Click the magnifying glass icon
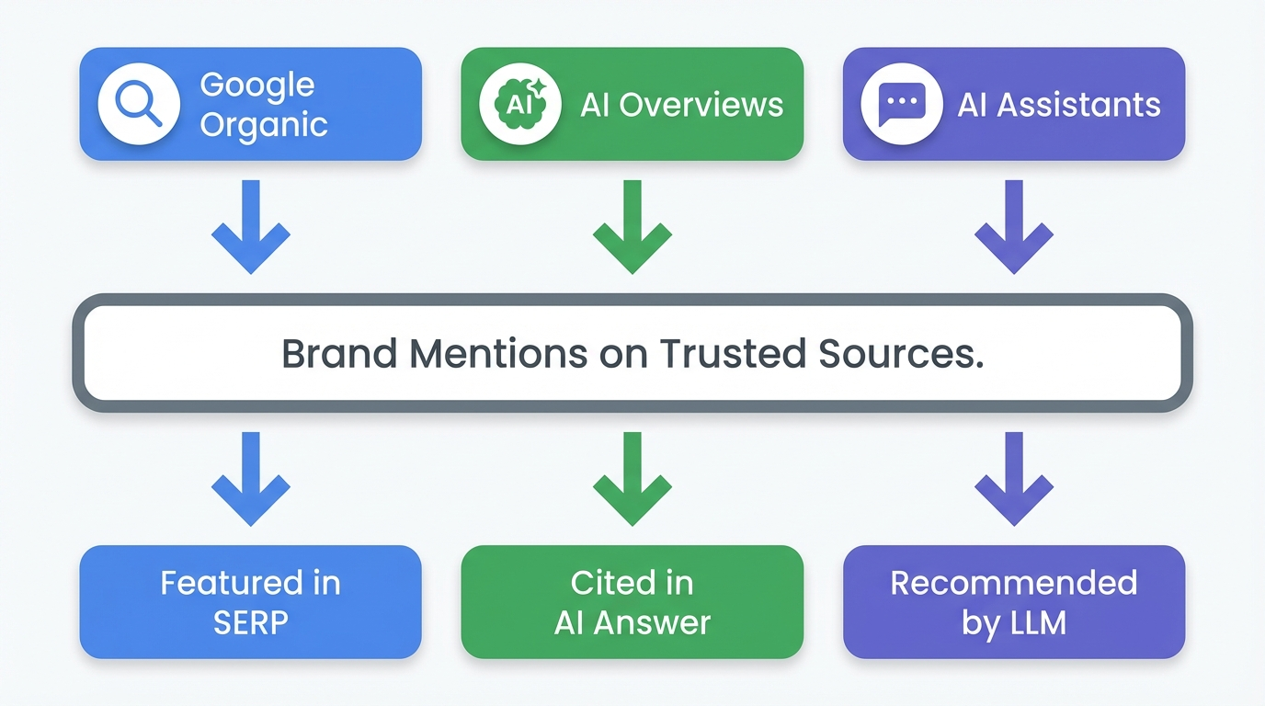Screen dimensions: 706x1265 point(138,104)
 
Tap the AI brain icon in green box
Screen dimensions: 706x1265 point(519,104)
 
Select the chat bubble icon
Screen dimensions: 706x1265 point(901,104)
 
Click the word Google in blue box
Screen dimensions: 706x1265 point(257,85)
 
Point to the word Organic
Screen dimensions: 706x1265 point(264,124)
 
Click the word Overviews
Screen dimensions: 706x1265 point(701,105)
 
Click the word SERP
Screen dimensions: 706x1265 point(251,622)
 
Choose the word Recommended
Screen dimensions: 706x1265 point(1013,583)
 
